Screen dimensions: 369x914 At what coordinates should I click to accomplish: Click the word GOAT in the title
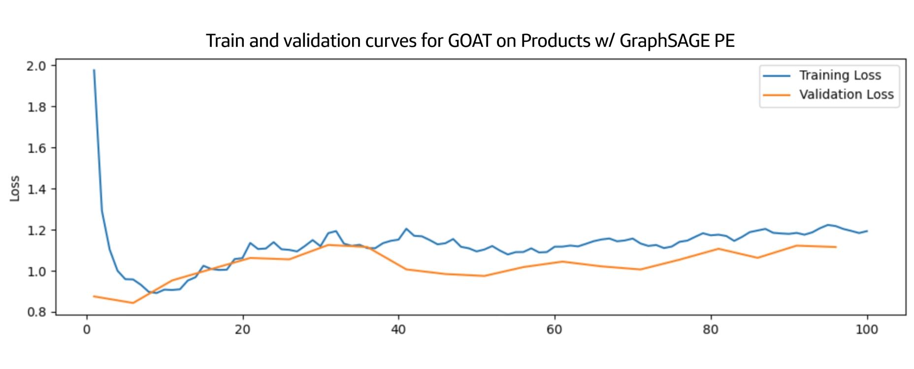[469, 41]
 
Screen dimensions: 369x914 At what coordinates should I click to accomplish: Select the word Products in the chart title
[555, 41]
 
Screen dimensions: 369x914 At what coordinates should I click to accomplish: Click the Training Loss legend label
[840, 75]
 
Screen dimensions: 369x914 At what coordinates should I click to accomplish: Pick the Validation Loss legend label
[846, 95]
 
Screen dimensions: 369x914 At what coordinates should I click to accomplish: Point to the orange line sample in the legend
[777, 95]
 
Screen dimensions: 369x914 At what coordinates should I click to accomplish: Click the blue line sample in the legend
[777, 76]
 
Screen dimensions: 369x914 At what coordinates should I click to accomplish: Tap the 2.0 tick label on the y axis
[36, 66]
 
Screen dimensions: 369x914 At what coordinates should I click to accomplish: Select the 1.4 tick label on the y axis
[36, 189]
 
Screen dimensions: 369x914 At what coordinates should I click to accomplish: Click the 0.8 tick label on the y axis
[36, 312]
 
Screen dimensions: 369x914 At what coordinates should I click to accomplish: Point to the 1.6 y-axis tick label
[36, 148]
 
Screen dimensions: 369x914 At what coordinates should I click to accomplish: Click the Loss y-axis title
[15, 189]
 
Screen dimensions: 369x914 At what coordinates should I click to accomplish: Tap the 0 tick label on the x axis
[87, 329]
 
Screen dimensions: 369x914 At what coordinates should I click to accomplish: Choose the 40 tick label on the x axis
[398, 329]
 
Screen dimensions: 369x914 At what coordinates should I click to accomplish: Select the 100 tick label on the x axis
[867, 329]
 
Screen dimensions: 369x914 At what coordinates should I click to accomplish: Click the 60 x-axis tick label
[554, 329]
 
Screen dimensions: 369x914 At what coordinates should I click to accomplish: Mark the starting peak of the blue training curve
[94, 70]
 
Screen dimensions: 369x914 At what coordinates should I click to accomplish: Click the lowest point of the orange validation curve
[133, 303]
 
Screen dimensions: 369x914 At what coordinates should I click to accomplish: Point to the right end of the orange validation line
[836, 247]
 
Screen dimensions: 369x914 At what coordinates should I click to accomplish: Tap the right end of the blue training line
[867, 231]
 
